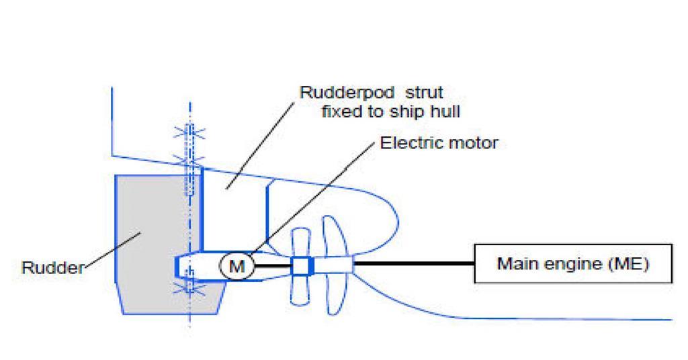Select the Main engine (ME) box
572,264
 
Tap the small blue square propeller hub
300,267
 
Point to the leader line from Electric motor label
309,201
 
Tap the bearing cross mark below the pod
189,289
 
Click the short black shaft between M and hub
272,267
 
